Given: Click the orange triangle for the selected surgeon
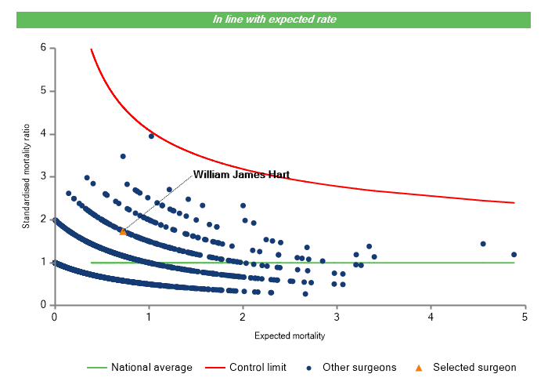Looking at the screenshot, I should [x=123, y=231].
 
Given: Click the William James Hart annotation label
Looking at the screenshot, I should [x=241, y=175].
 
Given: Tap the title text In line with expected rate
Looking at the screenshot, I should [x=275, y=19].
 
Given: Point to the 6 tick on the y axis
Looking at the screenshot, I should [x=42, y=49].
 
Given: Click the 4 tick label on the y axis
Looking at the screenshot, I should [x=42, y=134].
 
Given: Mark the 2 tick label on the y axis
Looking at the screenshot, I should [x=42, y=220].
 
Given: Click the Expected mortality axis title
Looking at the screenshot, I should [x=290, y=336].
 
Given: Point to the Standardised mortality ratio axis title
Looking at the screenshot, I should [x=26, y=176].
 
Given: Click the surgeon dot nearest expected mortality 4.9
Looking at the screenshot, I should [x=514, y=254].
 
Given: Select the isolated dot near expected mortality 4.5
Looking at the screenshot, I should [x=483, y=244].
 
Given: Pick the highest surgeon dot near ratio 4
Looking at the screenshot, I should [x=152, y=136].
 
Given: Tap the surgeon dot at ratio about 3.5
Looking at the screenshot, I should [x=123, y=156].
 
